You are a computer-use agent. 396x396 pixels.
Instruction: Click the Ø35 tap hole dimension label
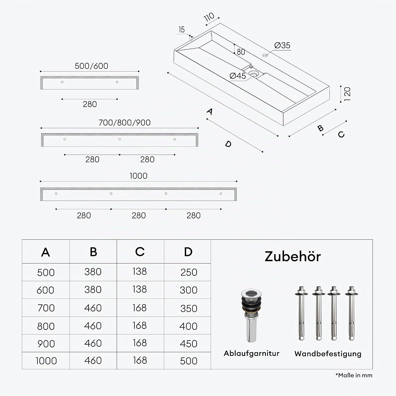(x=282, y=45)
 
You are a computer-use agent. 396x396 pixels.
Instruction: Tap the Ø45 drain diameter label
(x=238, y=76)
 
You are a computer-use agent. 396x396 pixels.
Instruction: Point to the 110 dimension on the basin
(x=209, y=17)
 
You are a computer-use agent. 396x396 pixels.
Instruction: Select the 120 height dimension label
(x=347, y=94)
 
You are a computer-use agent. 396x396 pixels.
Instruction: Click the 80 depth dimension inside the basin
(x=241, y=52)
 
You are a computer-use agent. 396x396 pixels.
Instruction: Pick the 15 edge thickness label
(x=182, y=30)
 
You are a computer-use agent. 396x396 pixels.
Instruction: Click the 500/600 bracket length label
(x=91, y=66)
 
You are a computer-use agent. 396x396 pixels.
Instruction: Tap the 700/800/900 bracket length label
(x=124, y=122)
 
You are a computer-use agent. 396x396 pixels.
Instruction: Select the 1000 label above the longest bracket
(x=138, y=176)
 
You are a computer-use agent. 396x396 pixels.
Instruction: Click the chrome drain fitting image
(x=251, y=315)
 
